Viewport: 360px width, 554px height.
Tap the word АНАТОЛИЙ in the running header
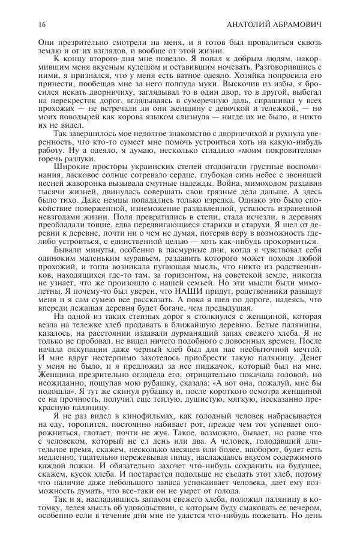pos(248,25)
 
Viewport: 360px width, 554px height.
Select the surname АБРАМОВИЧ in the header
pos(298,25)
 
